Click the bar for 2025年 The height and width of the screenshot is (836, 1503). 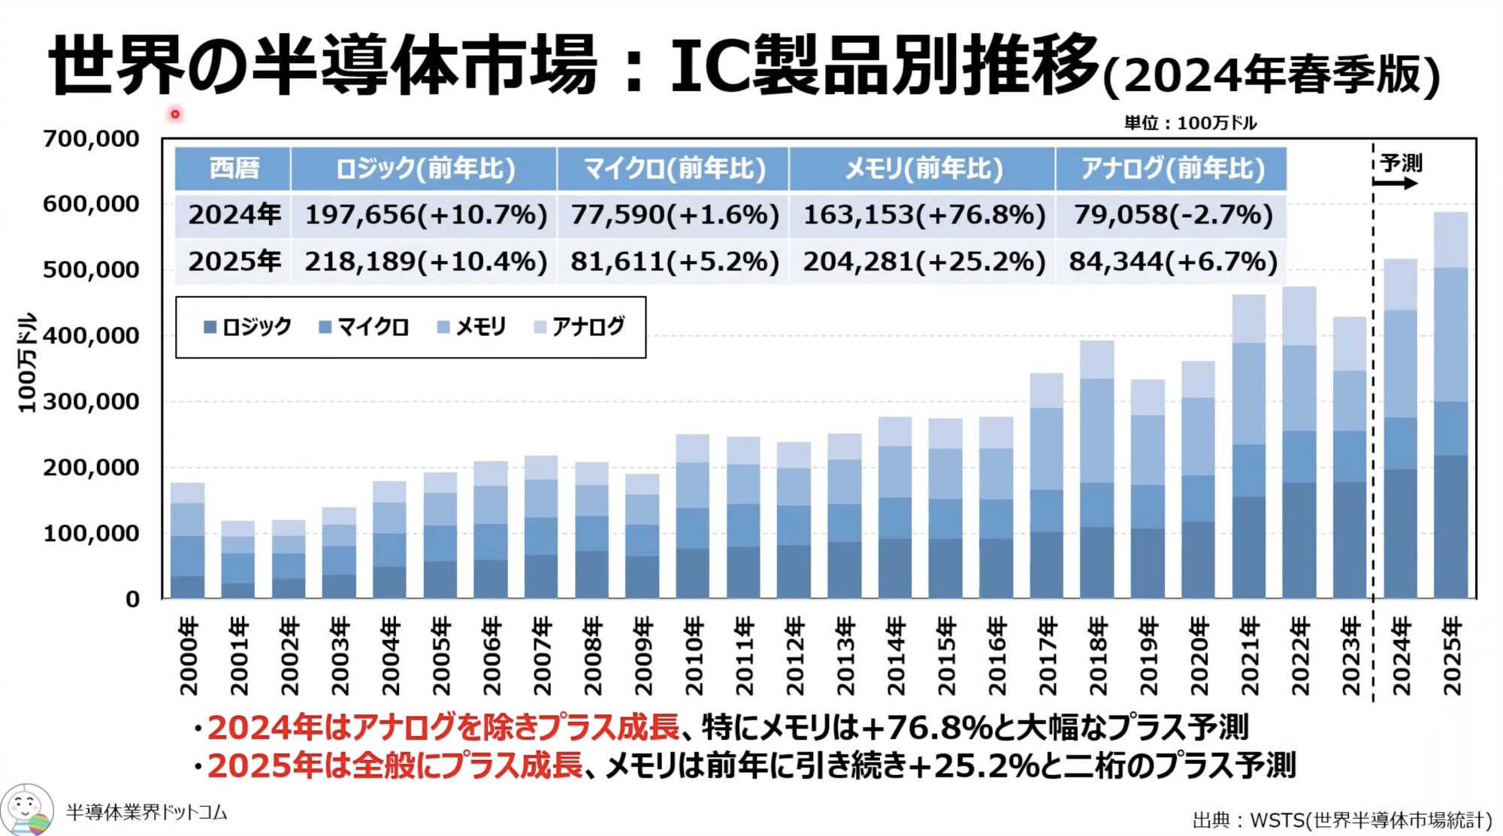(x=1450, y=406)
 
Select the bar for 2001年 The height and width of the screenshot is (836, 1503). (x=238, y=559)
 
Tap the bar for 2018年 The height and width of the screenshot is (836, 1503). (x=1097, y=470)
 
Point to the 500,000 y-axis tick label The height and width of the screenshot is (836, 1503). (x=91, y=270)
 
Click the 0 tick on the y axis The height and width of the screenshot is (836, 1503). (x=132, y=600)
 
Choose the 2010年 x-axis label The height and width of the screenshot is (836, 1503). (x=694, y=656)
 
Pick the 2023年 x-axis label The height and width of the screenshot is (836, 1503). (x=1350, y=656)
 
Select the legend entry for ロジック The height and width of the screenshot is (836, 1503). (x=248, y=327)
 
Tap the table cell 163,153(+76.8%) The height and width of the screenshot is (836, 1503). (x=924, y=216)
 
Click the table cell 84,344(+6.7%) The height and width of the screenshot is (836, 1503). (x=1172, y=262)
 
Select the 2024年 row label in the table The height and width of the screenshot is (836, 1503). (x=234, y=216)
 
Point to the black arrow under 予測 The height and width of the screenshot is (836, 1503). (x=1396, y=183)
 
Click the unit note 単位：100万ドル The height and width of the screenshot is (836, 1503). (x=1190, y=123)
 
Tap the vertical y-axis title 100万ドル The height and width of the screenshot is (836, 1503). (x=26, y=362)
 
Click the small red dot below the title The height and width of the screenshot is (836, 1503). (x=175, y=114)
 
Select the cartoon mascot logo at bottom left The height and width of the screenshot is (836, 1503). (x=26, y=810)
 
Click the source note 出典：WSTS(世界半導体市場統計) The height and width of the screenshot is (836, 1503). (x=1341, y=819)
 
